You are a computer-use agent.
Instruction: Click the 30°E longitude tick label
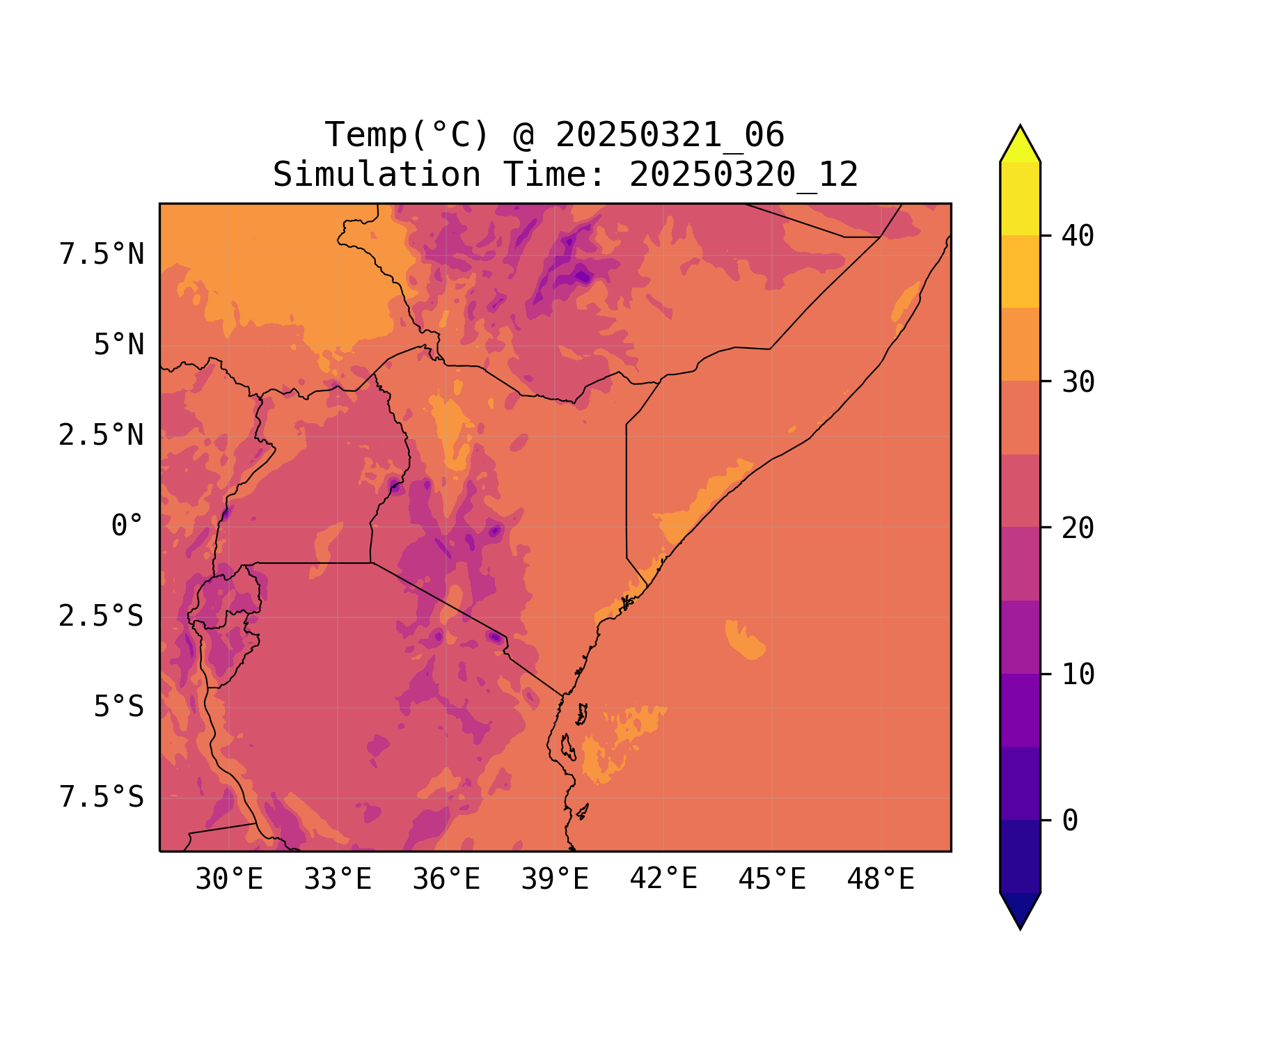click(x=229, y=880)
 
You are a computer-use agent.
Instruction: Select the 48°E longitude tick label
click(x=881, y=880)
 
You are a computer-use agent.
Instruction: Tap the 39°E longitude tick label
click(x=555, y=880)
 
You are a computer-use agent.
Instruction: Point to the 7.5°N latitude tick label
click(x=102, y=255)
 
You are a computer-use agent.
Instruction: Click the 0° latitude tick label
click(x=127, y=526)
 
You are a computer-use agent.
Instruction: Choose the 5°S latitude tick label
click(x=118, y=707)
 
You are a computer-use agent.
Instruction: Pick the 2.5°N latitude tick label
click(x=102, y=436)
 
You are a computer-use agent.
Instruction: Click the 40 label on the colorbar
click(x=1078, y=236)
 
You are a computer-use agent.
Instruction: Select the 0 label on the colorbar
click(x=1070, y=821)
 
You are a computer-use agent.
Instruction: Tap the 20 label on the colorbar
click(x=1078, y=528)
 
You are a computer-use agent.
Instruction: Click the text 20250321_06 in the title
click(x=670, y=135)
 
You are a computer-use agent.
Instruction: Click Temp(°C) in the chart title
click(x=407, y=135)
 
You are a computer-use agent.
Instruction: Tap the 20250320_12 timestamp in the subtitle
click(x=743, y=175)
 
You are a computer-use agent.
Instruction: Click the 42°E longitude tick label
click(x=663, y=880)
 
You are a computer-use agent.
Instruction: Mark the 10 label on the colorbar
click(x=1078, y=674)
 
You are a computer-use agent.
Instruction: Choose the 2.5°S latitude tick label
click(x=102, y=617)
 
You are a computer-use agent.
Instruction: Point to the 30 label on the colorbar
click(x=1078, y=382)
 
